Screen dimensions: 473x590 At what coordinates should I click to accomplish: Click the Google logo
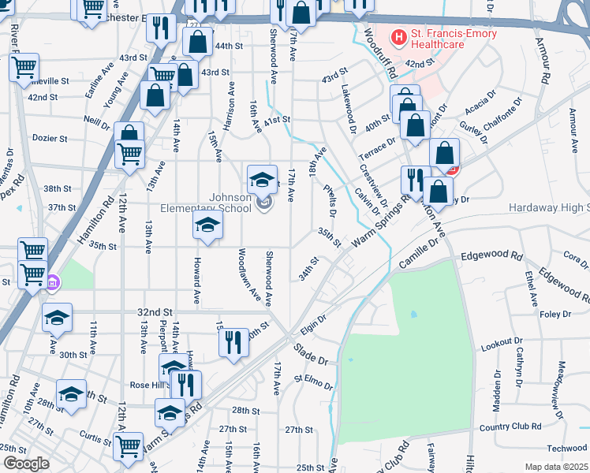[x=26, y=464]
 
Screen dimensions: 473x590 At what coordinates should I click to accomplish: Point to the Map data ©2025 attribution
[x=556, y=467]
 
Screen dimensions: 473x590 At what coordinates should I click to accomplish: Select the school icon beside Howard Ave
[x=207, y=226]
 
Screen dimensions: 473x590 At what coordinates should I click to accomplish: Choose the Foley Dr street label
[x=555, y=314]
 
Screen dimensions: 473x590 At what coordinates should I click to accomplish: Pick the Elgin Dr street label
[x=312, y=323]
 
